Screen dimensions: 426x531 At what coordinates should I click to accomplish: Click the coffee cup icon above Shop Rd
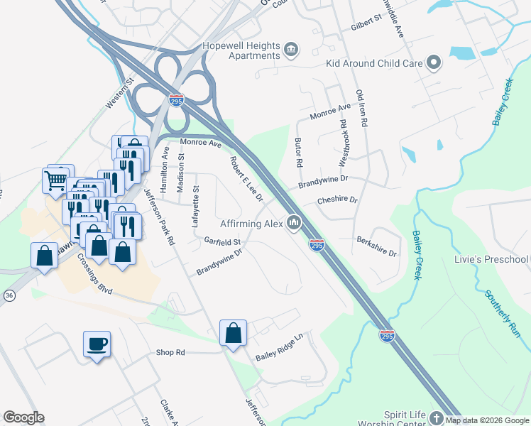[97, 344]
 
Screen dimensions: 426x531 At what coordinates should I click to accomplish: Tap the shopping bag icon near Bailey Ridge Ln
[234, 333]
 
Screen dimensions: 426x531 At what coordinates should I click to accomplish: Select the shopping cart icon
[56, 179]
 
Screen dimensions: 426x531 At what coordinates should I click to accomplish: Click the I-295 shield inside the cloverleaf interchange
[177, 101]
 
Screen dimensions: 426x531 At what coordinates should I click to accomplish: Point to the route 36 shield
[9, 295]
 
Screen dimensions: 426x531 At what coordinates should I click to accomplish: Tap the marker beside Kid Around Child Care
[434, 63]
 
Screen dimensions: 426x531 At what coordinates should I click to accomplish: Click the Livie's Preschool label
[491, 259]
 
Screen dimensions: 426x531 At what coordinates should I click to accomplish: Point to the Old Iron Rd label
[361, 108]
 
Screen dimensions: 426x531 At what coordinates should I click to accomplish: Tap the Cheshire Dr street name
[337, 200]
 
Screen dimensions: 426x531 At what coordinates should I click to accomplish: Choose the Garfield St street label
[221, 242]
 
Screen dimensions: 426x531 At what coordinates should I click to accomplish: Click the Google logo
[23, 417]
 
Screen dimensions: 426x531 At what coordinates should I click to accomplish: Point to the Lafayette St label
[197, 207]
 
